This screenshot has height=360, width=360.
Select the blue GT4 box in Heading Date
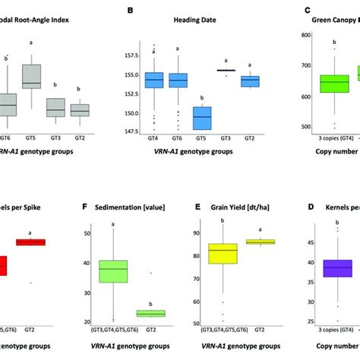coord(154,80)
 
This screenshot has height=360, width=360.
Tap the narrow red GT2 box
coord(31,242)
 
